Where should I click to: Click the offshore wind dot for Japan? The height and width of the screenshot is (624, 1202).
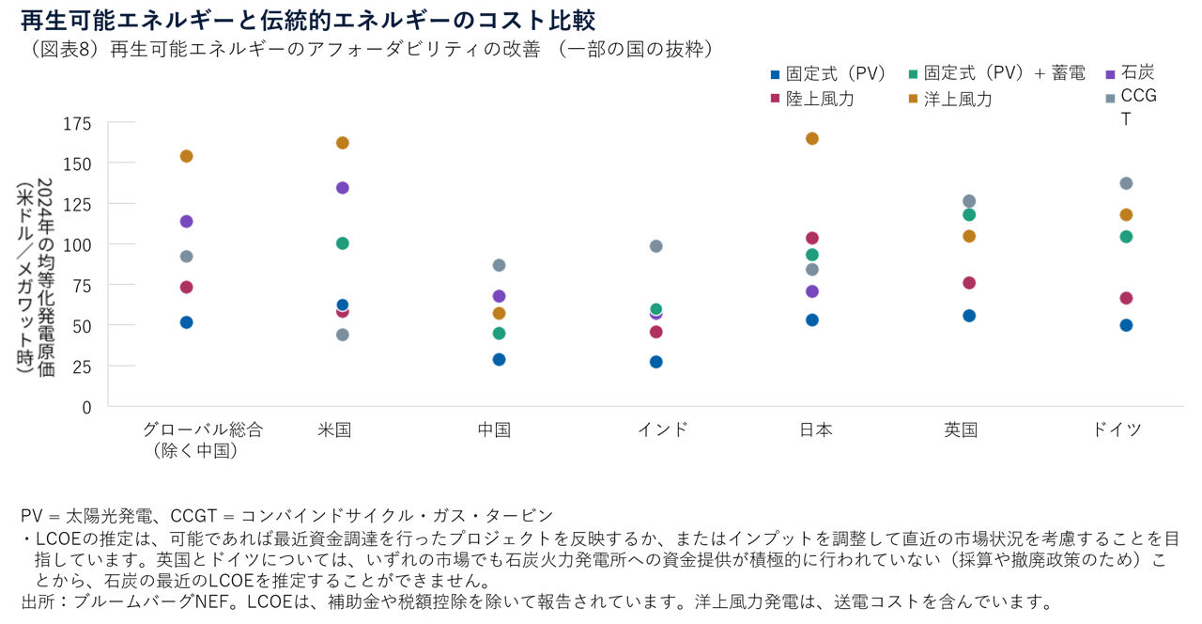pyautogui.click(x=812, y=139)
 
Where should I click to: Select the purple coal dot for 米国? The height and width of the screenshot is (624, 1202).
pyautogui.click(x=343, y=188)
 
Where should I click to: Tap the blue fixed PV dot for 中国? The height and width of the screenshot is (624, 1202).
pyautogui.click(x=500, y=360)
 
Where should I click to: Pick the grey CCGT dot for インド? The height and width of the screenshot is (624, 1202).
pyautogui.click(x=656, y=246)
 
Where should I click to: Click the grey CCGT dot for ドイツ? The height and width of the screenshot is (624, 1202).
pyautogui.click(x=1127, y=183)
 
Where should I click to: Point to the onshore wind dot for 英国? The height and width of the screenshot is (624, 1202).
pyautogui.click(x=969, y=283)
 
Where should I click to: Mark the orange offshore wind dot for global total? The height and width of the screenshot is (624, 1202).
pyautogui.click(x=186, y=156)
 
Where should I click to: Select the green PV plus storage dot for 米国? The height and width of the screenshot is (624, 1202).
pyautogui.click(x=343, y=243)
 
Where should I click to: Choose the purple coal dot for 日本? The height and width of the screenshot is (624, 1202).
pyautogui.click(x=812, y=291)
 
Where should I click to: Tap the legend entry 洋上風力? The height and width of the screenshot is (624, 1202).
pyautogui.click(x=958, y=99)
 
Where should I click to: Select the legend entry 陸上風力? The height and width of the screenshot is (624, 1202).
pyautogui.click(x=820, y=99)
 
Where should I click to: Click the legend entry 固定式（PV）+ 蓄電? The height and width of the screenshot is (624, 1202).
pyautogui.click(x=1004, y=72)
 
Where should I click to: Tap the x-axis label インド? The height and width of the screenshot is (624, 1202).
pyautogui.click(x=663, y=429)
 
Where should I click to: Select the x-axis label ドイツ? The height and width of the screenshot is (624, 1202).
pyautogui.click(x=1117, y=429)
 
